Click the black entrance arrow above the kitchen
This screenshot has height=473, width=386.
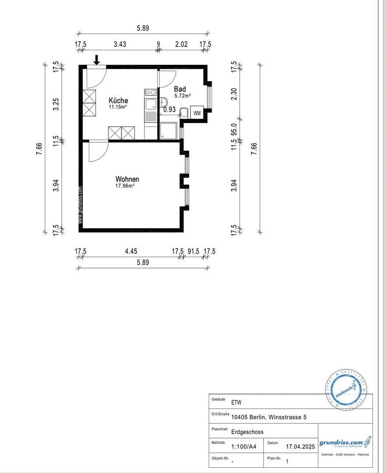click(x=97, y=59)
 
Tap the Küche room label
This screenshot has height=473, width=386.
click(x=118, y=100)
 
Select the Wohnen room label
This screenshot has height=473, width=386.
click(x=127, y=179)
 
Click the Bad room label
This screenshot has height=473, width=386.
click(x=180, y=89)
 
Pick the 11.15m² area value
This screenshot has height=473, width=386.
click(x=118, y=107)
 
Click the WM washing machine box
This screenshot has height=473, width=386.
click(x=197, y=113)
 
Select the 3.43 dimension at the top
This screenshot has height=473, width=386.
click(x=120, y=44)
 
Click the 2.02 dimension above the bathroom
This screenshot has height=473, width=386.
click(x=181, y=44)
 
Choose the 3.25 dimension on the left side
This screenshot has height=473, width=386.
click(x=56, y=104)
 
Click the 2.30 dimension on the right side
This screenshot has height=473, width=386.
click(x=234, y=93)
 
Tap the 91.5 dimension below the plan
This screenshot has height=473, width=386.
click(x=194, y=251)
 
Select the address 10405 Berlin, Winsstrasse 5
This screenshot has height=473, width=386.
click(x=269, y=417)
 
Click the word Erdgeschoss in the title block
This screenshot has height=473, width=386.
click(x=247, y=432)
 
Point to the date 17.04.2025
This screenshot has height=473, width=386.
click(x=300, y=447)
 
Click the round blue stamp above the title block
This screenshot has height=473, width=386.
click(x=346, y=388)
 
